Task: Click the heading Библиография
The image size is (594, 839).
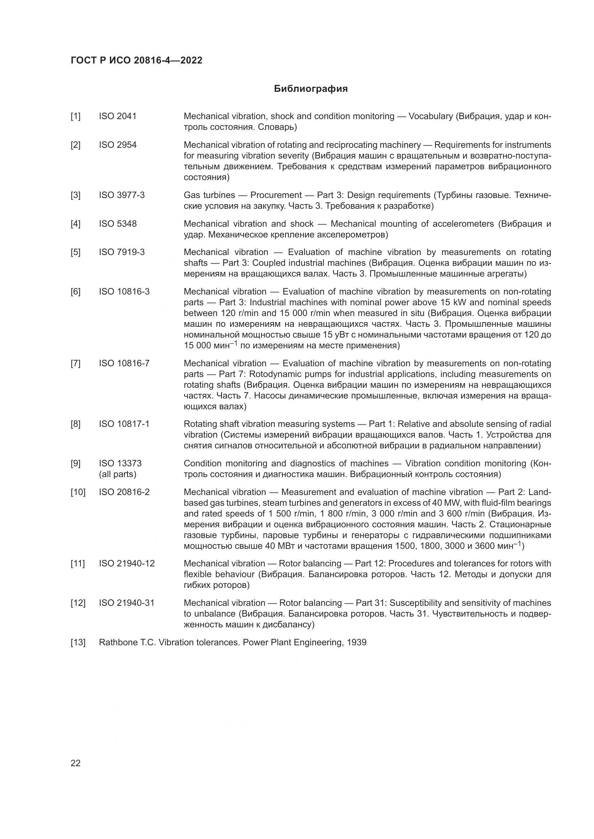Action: pos(311,89)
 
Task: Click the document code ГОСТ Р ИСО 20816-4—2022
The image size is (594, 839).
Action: pos(136,61)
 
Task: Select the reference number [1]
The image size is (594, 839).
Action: pos(75,116)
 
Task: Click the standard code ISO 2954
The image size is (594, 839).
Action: pos(117,145)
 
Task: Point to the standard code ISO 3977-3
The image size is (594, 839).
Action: pos(121,195)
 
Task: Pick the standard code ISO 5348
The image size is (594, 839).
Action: pos(117,223)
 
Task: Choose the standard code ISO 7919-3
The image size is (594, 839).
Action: pos(121,252)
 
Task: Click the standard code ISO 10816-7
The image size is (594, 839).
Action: pos(124,363)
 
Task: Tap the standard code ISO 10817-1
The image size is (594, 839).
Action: pos(124,424)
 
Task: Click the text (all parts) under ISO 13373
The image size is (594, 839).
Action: pos(117,474)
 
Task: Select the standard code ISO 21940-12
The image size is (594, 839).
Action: pos(126,564)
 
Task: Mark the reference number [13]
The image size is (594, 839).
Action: pos(78,642)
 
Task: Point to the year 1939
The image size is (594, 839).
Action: pos(357,642)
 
